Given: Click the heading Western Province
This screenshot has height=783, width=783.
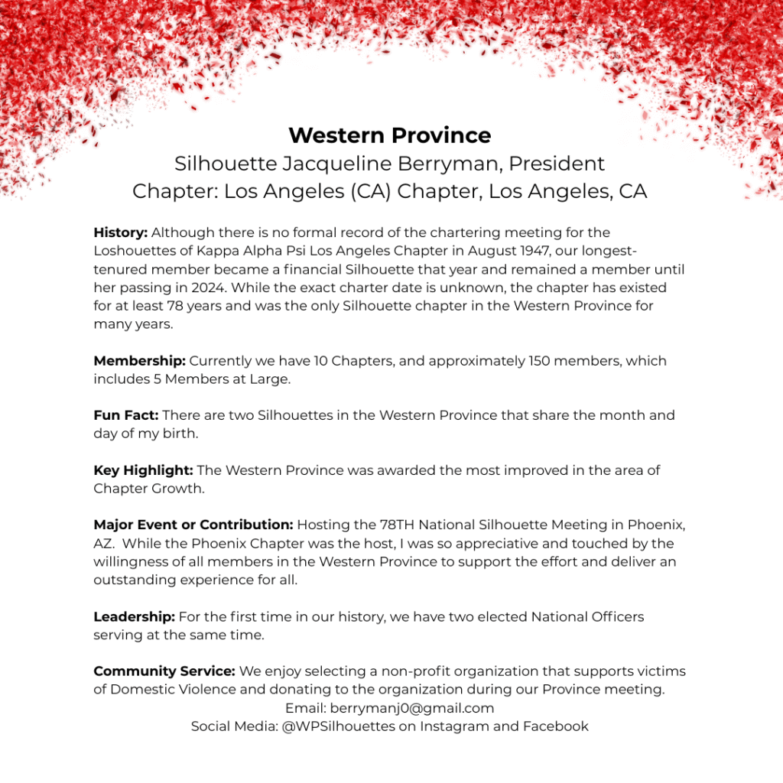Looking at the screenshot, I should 390,135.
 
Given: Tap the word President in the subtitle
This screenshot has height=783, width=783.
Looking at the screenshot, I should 557,164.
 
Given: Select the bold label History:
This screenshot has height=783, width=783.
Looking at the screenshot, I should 120,232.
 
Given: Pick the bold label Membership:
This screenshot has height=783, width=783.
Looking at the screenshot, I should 139,361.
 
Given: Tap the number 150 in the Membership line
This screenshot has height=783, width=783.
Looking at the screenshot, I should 541,361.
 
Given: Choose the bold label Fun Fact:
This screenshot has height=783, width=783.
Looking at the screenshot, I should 126,416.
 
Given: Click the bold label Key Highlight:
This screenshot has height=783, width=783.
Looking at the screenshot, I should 143,471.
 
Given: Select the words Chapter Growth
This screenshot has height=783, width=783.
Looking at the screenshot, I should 148,489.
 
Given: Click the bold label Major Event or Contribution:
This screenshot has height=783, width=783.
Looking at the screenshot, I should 193,525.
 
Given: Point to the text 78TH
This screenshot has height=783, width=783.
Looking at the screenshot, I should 398,525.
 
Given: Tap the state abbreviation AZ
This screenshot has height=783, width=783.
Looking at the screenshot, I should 102,544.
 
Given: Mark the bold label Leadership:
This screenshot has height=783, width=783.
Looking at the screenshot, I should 134,616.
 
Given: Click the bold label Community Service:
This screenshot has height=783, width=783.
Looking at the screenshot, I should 164,671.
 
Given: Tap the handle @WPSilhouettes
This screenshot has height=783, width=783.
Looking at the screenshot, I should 339,726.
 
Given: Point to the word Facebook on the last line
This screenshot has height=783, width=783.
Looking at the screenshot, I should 556,726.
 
